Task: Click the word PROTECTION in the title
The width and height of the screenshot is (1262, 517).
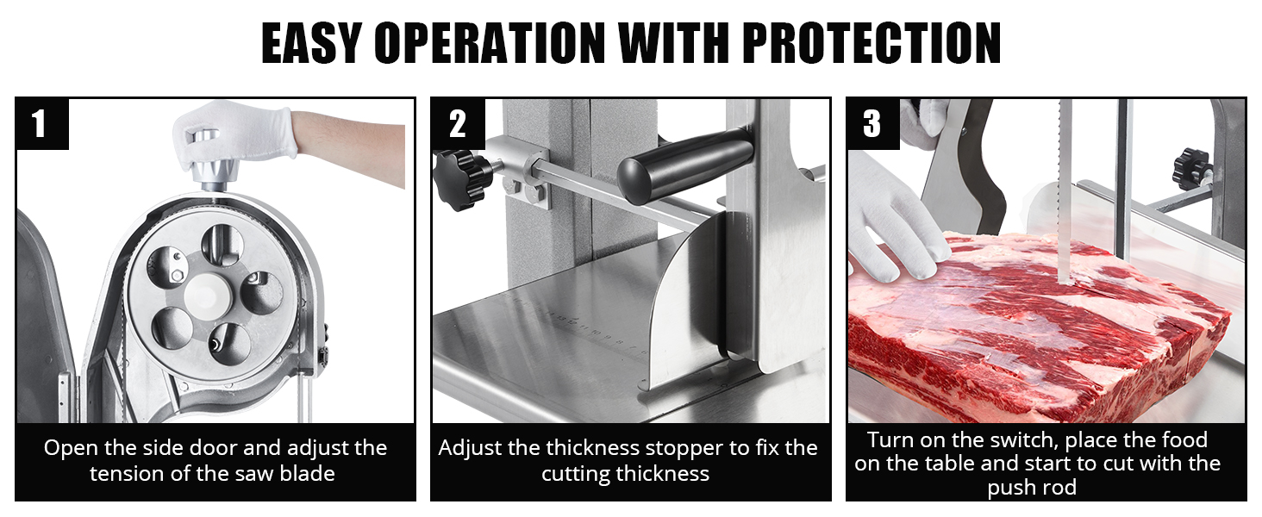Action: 872,43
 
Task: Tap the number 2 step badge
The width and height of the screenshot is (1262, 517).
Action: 457,124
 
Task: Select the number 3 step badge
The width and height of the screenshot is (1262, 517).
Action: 872,123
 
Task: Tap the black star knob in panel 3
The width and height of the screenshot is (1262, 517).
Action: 1191,168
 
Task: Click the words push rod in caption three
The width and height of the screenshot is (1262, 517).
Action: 1032,488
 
